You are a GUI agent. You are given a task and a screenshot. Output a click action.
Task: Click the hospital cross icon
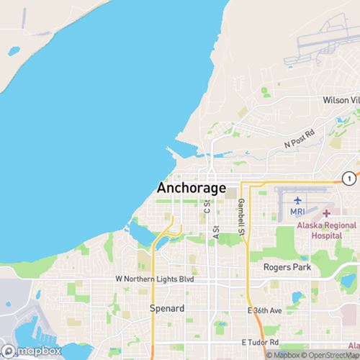click(325, 213)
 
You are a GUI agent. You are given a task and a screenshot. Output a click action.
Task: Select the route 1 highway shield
click(348, 177)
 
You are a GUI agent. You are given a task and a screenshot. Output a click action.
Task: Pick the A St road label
click(215, 232)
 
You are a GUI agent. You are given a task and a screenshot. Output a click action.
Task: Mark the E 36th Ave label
click(265, 310)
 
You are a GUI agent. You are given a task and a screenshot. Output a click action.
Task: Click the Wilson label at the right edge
click(341, 100)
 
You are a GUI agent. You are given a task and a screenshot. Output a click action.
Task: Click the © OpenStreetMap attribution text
click(332, 354)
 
